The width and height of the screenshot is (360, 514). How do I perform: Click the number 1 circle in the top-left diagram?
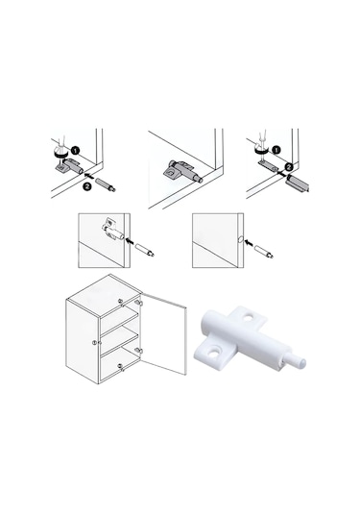75,151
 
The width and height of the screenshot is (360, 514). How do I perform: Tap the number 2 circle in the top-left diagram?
86,186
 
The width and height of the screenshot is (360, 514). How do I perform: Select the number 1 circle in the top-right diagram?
276,150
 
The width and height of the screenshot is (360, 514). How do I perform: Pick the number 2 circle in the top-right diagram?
288,167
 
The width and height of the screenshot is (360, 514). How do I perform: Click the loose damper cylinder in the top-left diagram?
106,184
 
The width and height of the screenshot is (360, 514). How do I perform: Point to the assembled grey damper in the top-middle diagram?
182,171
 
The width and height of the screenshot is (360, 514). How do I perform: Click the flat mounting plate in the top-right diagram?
268,165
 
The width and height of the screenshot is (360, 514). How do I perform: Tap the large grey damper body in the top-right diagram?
297,183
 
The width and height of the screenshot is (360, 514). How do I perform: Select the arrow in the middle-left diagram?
131,241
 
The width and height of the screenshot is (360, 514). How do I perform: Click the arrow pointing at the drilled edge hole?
250,243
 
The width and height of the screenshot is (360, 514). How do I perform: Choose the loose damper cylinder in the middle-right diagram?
264,252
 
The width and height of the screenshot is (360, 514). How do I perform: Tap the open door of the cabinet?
164,333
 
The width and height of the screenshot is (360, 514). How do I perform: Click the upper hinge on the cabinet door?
138,302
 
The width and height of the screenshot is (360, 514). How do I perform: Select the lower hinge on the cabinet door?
138,351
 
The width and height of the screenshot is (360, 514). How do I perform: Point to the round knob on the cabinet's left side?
94,343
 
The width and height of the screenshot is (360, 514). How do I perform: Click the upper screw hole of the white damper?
248,317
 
